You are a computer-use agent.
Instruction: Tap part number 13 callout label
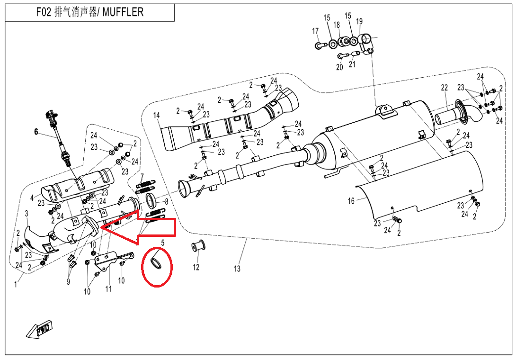tap(237, 269)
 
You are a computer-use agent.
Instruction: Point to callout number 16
tap(351, 201)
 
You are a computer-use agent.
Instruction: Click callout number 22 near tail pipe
tap(444, 88)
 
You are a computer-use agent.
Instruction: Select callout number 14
tap(157, 115)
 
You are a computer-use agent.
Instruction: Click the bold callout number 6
tap(36, 132)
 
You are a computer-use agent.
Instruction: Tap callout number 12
tap(196, 268)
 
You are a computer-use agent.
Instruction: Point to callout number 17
tap(315, 31)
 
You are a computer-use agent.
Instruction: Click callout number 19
tap(359, 21)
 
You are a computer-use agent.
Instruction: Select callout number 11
tap(108, 289)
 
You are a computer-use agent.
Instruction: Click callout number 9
tap(68, 282)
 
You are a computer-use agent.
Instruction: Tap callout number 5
tap(163, 243)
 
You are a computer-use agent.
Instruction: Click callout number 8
tap(166, 201)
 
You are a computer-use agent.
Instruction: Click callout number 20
tap(339, 67)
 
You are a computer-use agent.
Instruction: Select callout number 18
tap(337, 25)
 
